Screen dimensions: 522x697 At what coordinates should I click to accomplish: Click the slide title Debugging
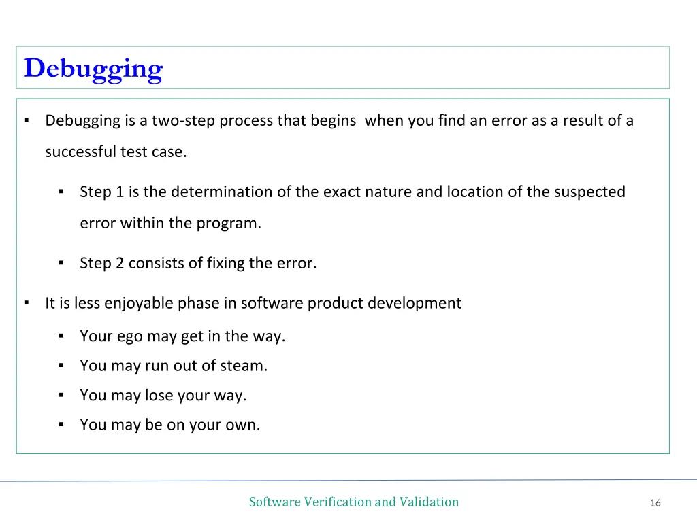pyautogui.click(x=93, y=69)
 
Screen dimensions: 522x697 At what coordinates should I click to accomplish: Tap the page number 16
pyautogui.click(x=655, y=503)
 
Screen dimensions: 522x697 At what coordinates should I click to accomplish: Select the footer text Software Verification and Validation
pyautogui.click(x=353, y=502)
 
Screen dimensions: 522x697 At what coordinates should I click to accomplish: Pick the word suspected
pyautogui.click(x=589, y=192)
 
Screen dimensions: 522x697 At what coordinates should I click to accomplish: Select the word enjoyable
pyautogui.click(x=140, y=304)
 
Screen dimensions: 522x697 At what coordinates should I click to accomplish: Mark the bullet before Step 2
pyautogui.click(x=61, y=263)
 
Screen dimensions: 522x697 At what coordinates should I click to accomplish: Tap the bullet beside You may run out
pyautogui.click(x=61, y=366)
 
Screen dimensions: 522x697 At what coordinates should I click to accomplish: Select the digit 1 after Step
pyautogui.click(x=120, y=192)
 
